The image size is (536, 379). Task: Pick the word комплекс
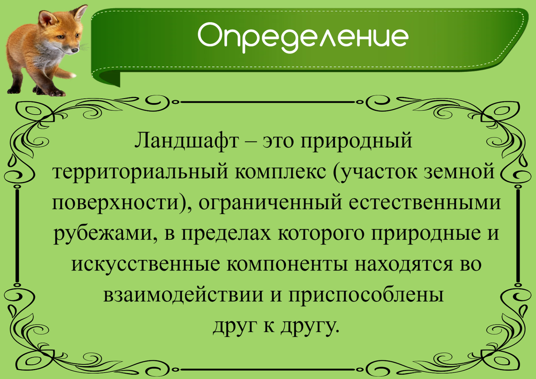tap(277, 173)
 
